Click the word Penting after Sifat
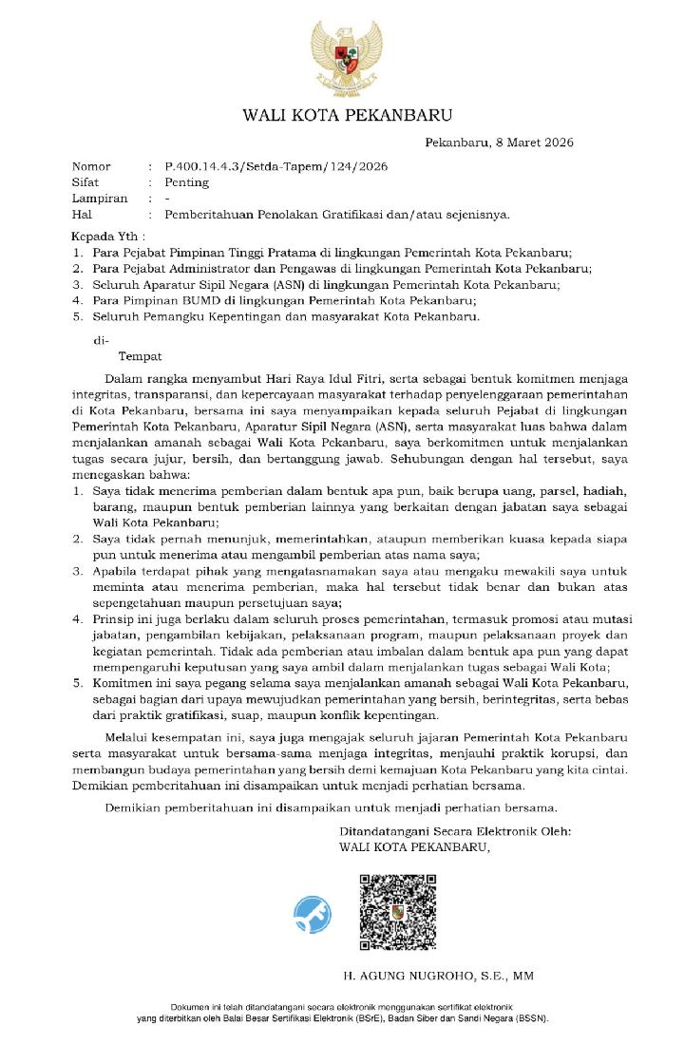tap(186, 182)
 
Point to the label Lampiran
tap(100, 199)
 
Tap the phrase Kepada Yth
tap(108, 236)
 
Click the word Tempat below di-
tap(140, 357)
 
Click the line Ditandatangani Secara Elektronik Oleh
tap(455, 831)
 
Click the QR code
tap(396, 912)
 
